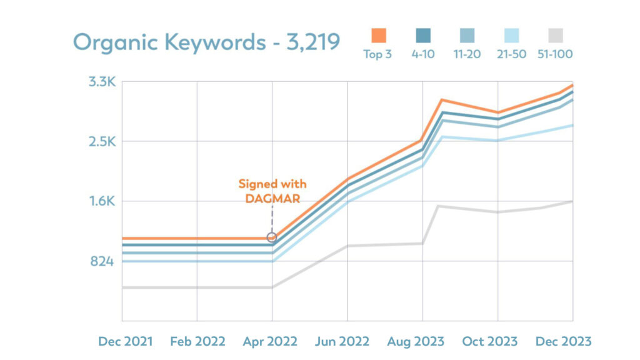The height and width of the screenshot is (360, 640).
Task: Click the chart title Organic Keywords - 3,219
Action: [x=206, y=42]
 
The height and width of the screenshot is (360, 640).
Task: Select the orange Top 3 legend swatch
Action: [x=378, y=35]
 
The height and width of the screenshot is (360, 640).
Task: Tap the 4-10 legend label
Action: [x=423, y=54]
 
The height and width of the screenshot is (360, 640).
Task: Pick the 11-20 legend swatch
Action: [x=467, y=35]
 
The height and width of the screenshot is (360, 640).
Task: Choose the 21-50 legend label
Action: [x=511, y=54]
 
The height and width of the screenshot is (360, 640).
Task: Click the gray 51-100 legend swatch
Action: [x=555, y=35]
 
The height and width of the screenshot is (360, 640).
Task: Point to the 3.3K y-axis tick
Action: [x=101, y=81]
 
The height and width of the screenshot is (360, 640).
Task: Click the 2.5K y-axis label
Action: [x=101, y=141]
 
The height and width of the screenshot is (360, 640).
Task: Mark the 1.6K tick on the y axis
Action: [x=101, y=201]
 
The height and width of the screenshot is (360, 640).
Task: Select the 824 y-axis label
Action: [x=102, y=261]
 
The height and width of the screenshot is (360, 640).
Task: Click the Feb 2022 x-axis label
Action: [x=197, y=341]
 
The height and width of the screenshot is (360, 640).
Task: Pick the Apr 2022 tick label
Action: [x=272, y=341]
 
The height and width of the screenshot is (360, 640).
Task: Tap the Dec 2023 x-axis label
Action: [x=564, y=341]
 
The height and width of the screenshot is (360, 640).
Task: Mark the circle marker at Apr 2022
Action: [x=272, y=237]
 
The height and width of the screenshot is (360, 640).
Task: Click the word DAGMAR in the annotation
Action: [x=272, y=199]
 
